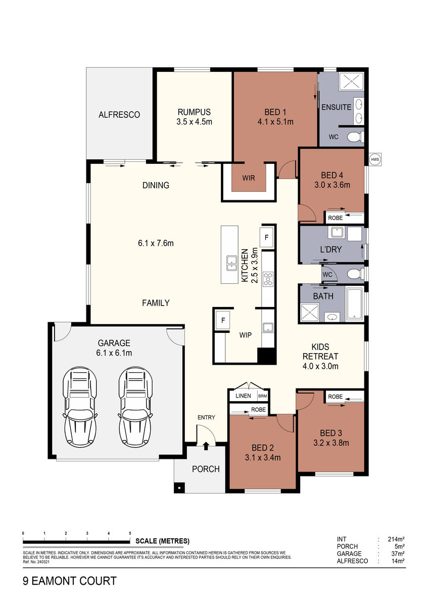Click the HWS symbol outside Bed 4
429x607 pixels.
(375, 159)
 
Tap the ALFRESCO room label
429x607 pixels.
(119, 115)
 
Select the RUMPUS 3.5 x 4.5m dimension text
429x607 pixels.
(194, 122)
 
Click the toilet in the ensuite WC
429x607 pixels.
(355, 137)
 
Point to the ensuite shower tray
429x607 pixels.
(351, 81)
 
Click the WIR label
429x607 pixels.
(249, 178)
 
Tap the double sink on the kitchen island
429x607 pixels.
(231, 263)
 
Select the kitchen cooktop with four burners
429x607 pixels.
(268, 279)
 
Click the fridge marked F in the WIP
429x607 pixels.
(223, 320)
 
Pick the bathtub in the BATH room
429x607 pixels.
(355, 304)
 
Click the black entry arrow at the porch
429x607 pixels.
(206, 446)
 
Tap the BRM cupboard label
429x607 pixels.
(263, 396)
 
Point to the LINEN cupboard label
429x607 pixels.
(243, 396)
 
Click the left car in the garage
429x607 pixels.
(80, 407)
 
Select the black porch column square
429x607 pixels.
(179, 488)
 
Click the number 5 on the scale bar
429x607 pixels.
(130, 533)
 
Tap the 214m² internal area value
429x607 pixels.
(396, 539)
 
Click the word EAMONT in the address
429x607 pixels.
(55, 581)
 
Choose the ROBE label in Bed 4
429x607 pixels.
(335, 218)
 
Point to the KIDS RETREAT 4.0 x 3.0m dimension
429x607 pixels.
(320, 366)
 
